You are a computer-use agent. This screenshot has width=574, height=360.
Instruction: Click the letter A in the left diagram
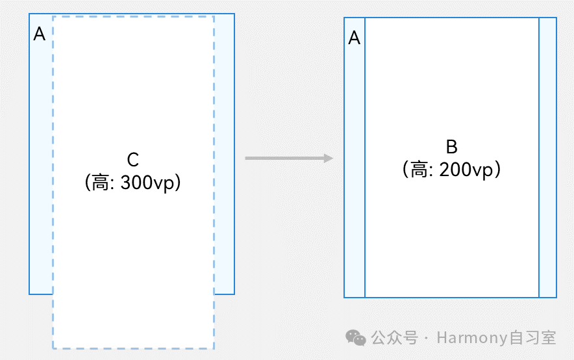(x=39, y=34)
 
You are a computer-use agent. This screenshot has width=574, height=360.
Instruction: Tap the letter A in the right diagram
(x=355, y=38)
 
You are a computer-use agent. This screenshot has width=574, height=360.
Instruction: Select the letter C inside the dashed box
(x=133, y=160)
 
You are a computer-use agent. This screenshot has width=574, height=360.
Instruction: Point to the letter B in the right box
(x=452, y=146)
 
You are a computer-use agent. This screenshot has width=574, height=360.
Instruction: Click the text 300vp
(x=150, y=183)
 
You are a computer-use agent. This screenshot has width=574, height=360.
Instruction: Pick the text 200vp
(x=467, y=170)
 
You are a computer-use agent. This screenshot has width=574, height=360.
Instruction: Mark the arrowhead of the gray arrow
(x=329, y=158)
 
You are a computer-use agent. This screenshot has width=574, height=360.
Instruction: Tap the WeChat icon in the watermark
(x=355, y=337)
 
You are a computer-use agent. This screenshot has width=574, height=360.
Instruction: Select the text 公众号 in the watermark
(x=393, y=338)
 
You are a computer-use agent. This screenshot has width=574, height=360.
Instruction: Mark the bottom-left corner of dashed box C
(x=53, y=348)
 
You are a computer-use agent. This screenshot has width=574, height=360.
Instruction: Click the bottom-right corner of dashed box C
(x=214, y=348)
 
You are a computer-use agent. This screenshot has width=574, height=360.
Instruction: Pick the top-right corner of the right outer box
(x=556, y=18)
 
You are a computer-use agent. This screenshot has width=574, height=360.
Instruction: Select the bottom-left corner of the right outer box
(x=344, y=298)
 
